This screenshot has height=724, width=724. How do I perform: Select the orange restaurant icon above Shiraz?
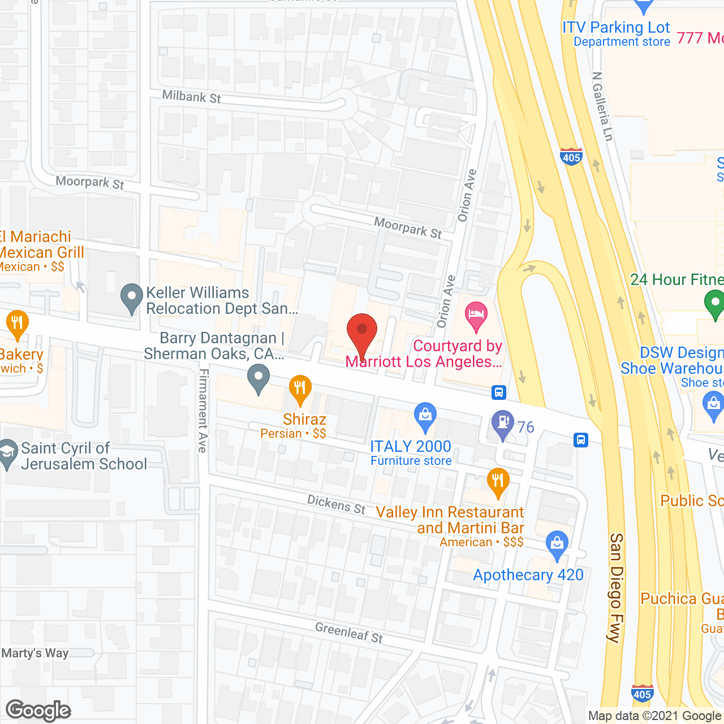coord(300,389)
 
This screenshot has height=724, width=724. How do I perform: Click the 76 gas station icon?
coord(502,424)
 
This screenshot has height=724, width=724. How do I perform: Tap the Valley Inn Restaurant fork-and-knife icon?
coord(498,482)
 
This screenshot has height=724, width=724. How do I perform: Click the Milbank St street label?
coord(191,97)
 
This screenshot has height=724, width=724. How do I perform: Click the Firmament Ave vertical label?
coord(203,410)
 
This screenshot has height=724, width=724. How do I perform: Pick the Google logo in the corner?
coord(38,710)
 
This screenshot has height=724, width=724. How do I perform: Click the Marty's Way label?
coord(35,653)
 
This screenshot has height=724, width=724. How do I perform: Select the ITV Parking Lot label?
coord(615,27)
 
